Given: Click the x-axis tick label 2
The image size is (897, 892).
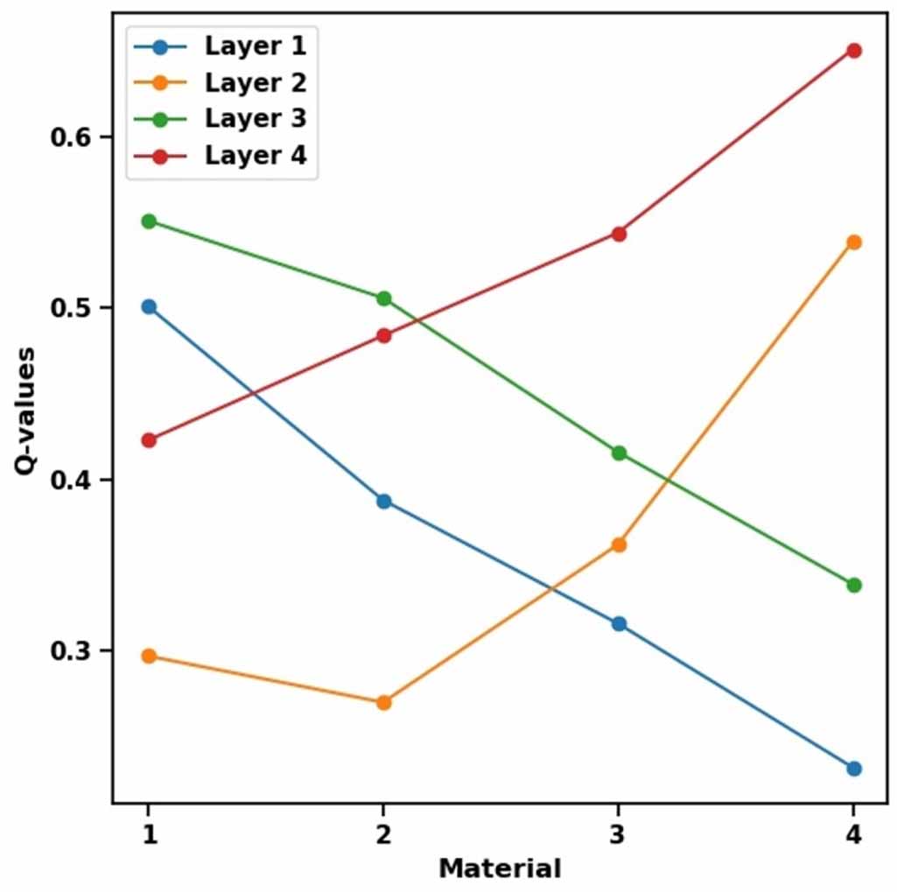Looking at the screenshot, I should click(383, 832).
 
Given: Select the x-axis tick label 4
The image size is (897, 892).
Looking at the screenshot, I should click(854, 832).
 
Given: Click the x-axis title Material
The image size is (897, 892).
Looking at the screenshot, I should click(500, 868).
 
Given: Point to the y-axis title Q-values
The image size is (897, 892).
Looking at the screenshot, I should click(25, 411).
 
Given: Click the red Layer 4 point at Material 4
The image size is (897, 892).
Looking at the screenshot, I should click(854, 51).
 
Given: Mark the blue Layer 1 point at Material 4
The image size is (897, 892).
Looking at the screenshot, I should click(854, 769).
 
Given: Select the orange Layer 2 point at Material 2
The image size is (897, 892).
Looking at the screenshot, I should click(383, 702).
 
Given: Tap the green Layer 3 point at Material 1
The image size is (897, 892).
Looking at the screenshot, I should click(149, 221).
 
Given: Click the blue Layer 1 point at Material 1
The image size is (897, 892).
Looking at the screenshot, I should click(149, 307).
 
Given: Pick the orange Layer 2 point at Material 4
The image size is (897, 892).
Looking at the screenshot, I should click(854, 242).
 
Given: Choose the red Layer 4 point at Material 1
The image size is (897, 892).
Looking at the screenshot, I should click(149, 440).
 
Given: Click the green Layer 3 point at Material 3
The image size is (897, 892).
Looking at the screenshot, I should click(619, 453).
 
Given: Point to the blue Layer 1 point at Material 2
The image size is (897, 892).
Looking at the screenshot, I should click(383, 502).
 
